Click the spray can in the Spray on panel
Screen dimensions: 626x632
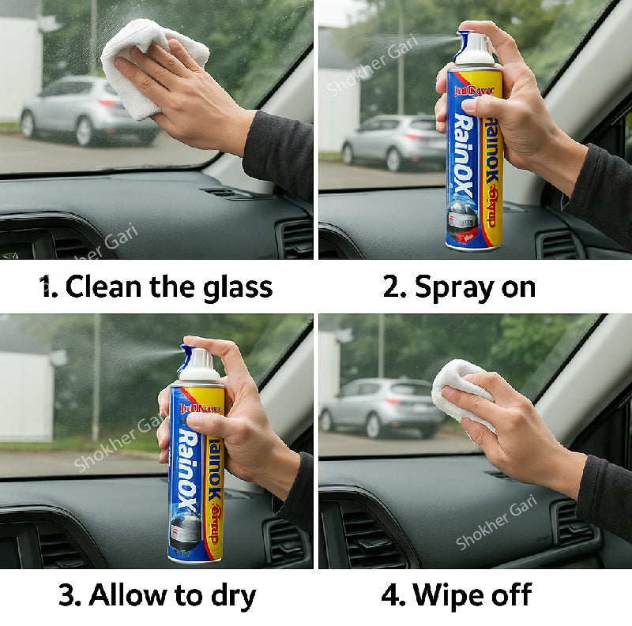(x=474, y=158)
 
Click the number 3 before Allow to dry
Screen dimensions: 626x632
(x=67, y=595)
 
